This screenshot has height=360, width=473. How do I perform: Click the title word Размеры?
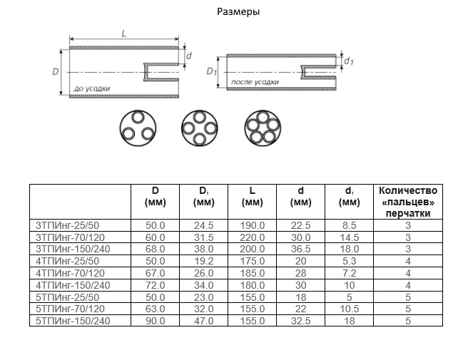click(235, 12)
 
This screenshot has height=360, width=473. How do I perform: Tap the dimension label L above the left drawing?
click(124, 33)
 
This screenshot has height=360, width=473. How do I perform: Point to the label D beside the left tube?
click(56, 72)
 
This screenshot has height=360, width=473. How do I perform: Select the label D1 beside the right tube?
click(211, 72)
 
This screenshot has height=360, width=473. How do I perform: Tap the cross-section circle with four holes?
click(200, 128)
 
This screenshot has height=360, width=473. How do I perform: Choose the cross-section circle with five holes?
click(263, 128)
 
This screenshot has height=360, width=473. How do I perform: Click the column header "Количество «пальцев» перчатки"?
click(408, 202)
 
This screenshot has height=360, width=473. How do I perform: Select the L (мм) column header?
click(253, 196)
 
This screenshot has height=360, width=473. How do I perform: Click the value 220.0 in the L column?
click(253, 237)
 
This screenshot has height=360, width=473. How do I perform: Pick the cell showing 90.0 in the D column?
click(156, 322)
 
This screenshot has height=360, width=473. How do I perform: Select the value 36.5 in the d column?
click(300, 248)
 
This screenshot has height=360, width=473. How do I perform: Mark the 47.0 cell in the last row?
click(204, 322)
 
